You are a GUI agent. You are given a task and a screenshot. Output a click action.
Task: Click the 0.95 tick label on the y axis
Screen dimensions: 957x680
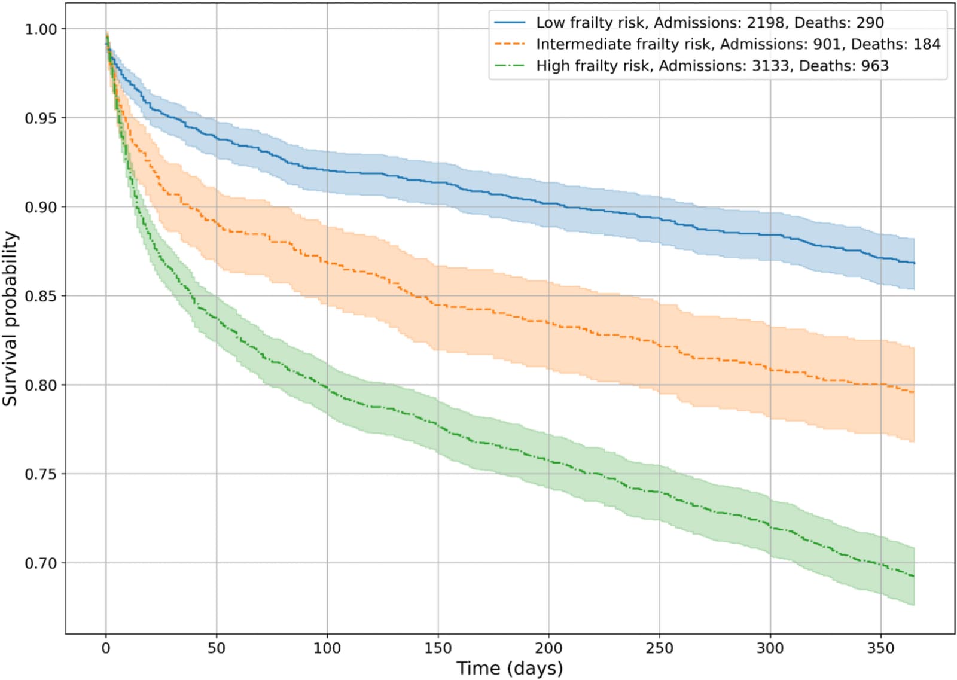click(41, 118)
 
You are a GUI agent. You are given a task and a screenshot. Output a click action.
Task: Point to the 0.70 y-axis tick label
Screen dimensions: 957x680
click(41, 563)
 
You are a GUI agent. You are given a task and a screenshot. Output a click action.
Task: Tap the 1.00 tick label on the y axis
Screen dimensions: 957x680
click(41, 29)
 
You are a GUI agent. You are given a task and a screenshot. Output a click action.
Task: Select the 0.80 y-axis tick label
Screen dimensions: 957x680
click(41, 385)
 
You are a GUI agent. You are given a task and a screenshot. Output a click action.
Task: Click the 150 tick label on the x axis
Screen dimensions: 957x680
click(438, 648)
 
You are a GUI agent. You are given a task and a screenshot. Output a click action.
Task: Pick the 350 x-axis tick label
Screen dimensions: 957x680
click(881, 648)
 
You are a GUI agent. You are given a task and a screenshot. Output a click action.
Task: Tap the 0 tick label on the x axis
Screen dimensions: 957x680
click(106, 648)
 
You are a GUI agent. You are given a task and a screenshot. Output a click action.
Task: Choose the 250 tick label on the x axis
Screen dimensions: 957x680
click(659, 648)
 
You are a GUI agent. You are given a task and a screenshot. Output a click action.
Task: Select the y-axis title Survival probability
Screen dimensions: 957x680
click(10, 319)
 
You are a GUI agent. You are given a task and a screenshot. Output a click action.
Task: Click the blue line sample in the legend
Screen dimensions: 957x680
click(510, 22)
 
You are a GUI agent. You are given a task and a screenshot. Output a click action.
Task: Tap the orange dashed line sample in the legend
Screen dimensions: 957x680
click(510, 44)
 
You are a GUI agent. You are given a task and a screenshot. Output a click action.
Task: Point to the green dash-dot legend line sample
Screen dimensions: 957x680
click(510, 65)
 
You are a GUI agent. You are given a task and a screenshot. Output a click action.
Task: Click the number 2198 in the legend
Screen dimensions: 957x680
click(766, 23)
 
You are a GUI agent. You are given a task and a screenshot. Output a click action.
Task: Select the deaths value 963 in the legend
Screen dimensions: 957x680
click(875, 66)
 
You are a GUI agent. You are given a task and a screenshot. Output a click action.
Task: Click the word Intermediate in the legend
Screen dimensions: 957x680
click(584, 44)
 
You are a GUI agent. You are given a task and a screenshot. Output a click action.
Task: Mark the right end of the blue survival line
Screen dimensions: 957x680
click(915, 263)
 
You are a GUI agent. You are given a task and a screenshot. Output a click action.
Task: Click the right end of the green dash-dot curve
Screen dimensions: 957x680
click(915, 576)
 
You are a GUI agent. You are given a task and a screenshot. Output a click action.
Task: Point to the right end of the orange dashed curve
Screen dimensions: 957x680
click(915, 392)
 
